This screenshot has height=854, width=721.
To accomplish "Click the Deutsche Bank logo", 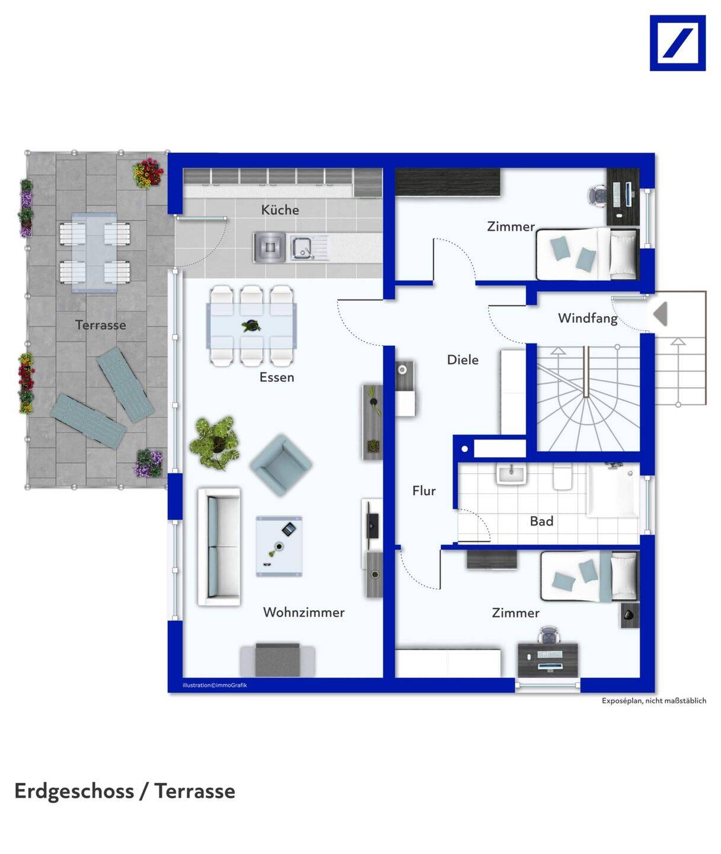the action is [x=678, y=43].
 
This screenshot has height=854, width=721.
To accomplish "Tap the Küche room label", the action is [x=280, y=210].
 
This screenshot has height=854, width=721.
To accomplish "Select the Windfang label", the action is [x=588, y=318].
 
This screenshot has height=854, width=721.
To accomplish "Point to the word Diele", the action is [x=463, y=360].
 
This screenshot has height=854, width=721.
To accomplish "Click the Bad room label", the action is [x=541, y=521].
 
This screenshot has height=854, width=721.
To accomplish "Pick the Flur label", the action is [x=424, y=490].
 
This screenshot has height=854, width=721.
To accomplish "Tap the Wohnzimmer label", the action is [x=304, y=612].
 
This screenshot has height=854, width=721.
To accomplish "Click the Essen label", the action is [x=277, y=377].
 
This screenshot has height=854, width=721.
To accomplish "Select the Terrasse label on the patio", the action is [x=101, y=325].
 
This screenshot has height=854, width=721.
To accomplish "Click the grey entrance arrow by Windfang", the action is [x=660, y=314].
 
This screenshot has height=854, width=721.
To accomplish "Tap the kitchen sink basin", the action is [x=301, y=248].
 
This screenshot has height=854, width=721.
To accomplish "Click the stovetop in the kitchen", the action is [x=270, y=247].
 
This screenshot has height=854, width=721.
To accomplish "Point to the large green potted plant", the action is [x=215, y=444].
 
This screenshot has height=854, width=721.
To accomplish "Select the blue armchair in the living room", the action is [x=282, y=466].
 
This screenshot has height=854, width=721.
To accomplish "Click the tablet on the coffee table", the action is [x=288, y=529].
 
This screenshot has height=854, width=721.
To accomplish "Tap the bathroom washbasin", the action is [x=511, y=474].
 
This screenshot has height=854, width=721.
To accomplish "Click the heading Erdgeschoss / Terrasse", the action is [x=125, y=792].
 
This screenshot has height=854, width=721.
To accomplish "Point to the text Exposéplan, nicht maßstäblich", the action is [x=654, y=700].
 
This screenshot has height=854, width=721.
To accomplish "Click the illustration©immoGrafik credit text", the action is [x=215, y=685].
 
